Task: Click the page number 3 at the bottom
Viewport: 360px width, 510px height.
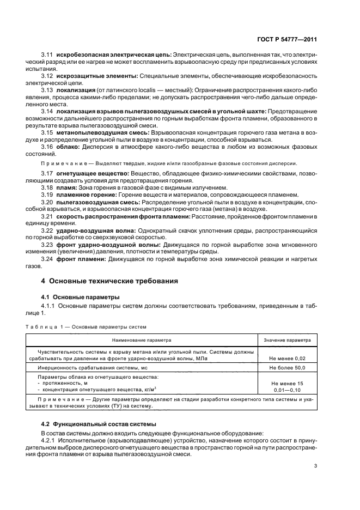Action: pos(315,466)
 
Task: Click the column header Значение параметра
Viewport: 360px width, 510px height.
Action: pos(286,339)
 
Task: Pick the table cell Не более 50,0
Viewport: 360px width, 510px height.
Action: pos(286,369)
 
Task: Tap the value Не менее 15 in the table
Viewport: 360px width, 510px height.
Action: pos(286,384)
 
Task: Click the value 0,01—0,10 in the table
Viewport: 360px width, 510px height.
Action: pos(286,391)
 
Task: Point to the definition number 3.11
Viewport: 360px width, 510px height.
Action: pos(47,55)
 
